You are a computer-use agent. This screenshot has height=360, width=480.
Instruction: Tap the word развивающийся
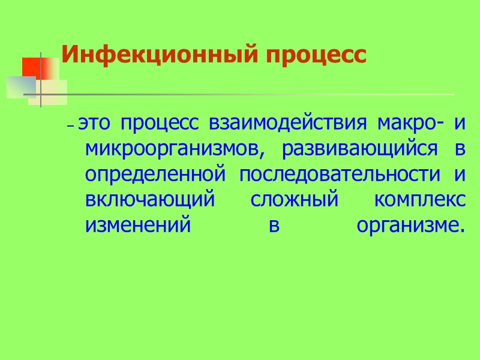(360, 149)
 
